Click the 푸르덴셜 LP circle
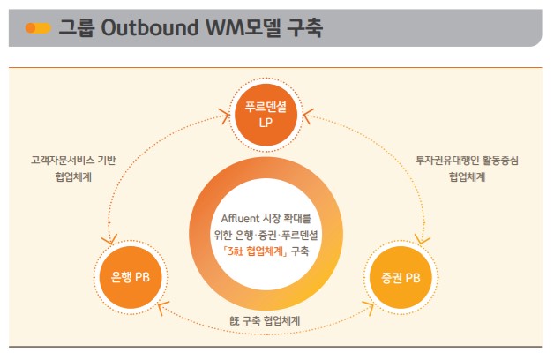[x=266, y=115]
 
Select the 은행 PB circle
[x=131, y=277]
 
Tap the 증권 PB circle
[x=401, y=277]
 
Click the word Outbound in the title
[x=150, y=27]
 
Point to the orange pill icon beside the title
[x=38, y=28]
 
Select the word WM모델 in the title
[x=243, y=27]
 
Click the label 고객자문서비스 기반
[x=73, y=161]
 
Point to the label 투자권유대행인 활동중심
[x=467, y=161]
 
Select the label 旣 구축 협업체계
[x=265, y=321]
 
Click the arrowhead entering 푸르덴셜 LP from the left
[x=225, y=116]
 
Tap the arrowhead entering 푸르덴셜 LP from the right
[x=309, y=116]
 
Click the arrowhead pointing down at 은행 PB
[x=109, y=240]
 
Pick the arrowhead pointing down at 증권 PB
[x=423, y=239]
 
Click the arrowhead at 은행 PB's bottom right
[x=162, y=308]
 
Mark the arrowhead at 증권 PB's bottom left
[x=369, y=308]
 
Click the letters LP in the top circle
[x=266, y=123]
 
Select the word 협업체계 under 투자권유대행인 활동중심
[x=467, y=176]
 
